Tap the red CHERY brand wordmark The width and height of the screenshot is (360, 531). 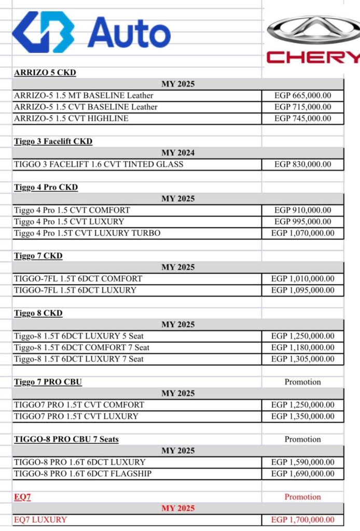tap(313, 57)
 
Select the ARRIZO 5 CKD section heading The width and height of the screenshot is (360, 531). tap(45, 73)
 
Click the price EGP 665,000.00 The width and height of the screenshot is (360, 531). tap(303, 95)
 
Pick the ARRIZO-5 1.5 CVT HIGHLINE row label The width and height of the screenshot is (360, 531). tap(71, 118)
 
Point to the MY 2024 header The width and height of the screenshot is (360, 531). tap(178, 153)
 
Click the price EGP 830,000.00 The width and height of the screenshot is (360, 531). tap(303, 164)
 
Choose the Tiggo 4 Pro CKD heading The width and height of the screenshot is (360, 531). tap(46, 187)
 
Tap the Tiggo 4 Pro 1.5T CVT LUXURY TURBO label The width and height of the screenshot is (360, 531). tap(87, 233)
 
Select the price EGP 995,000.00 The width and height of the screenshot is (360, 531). tap(303, 222)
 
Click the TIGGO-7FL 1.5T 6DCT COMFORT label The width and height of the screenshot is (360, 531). tap(78, 278)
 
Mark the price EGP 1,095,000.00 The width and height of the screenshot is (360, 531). tap(303, 290)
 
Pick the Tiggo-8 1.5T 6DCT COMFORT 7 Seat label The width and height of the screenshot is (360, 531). tap(81, 347)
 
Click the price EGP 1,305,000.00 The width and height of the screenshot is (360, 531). tap(303, 359)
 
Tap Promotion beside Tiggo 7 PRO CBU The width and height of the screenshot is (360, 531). tap(302, 382)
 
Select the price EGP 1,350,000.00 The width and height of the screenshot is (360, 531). tap(303, 416)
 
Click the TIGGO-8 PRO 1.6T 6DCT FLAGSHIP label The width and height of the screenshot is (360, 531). tap(82, 473)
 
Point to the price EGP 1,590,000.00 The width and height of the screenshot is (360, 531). tap(303, 462)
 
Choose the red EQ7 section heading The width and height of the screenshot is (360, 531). tap(21, 497)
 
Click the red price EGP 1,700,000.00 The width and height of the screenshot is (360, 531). tap(303, 520)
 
